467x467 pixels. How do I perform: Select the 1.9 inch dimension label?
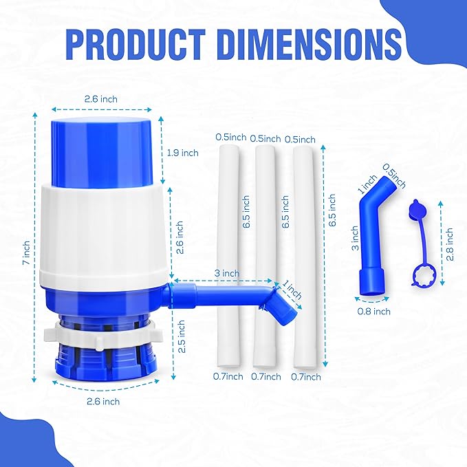pyautogui.click(x=182, y=153)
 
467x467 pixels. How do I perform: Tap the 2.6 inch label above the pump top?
pyautogui.click(x=101, y=99)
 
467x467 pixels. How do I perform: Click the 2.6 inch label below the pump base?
pyautogui.click(x=102, y=401)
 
